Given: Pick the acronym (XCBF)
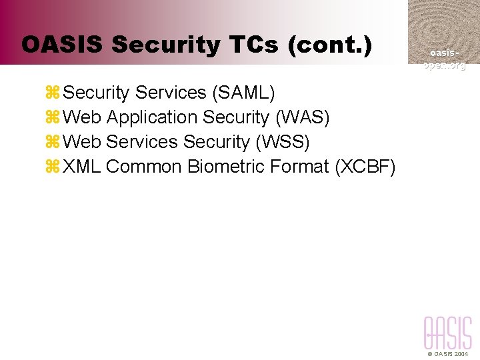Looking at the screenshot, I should (x=365, y=167).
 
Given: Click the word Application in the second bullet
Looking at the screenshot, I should (x=152, y=118).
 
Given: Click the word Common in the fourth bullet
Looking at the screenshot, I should (x=144, y=167).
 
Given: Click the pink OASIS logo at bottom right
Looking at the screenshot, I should (x=447, y=333).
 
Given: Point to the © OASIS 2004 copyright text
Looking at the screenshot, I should (x=447, y=354).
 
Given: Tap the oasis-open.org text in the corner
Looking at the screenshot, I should (x=443, y=59).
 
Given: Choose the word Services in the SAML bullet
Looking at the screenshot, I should (x=171, y=92).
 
